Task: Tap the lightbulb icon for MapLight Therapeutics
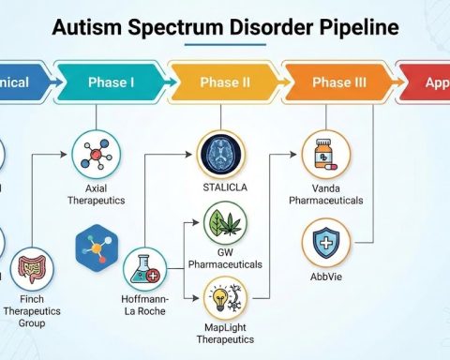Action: click(223, 299)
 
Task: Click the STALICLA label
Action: click(224, 187)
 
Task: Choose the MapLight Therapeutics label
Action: click(224, 338)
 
